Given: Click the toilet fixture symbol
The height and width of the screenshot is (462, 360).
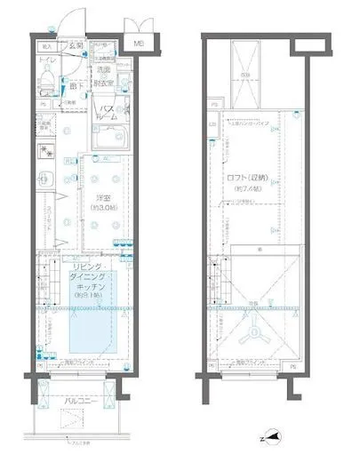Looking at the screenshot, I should [46, 81].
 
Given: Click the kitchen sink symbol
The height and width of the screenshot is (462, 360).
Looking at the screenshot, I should [42, 183].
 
